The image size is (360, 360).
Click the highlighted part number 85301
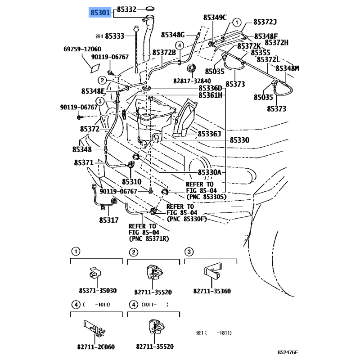pos(100,13)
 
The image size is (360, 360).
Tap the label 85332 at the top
pos(126,9)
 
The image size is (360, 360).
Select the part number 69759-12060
pos(82,49)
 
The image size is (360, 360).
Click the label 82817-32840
pos(192,81)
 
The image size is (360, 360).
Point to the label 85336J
pos(209,134)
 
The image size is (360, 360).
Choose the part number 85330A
pos(209,172)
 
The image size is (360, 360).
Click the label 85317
pos(109,220)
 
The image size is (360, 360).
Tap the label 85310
pos(131,182)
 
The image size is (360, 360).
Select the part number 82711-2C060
pos(96,346)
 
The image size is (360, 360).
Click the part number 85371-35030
pos(98,290)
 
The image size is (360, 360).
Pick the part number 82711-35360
pos(212,291)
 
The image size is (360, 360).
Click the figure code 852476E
pos(288,352)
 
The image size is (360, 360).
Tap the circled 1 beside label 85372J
pos(237,22)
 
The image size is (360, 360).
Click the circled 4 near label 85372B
pos(180,45)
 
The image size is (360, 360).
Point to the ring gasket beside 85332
pos(150,9)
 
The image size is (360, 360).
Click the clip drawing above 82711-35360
pos(213,271)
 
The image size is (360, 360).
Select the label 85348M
pos(287,68)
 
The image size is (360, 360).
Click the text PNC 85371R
pos(149,239)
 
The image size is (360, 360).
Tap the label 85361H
pos(210,95)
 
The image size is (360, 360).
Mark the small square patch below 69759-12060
pos(95,68)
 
